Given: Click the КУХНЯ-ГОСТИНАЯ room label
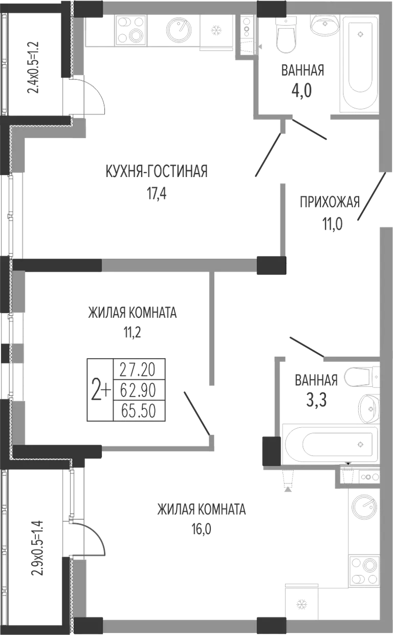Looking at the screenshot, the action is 157,171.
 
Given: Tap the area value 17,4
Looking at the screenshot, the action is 157,194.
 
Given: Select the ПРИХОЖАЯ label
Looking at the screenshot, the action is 330,202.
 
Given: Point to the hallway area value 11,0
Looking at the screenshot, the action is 332,224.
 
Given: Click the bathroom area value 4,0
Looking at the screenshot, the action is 302,91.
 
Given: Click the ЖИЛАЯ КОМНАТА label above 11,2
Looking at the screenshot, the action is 133,313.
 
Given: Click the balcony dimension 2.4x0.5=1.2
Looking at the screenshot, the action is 33,68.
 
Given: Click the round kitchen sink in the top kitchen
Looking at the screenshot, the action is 179,30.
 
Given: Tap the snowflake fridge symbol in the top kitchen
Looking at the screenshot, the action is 216,30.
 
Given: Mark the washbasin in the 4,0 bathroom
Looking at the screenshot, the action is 324,25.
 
